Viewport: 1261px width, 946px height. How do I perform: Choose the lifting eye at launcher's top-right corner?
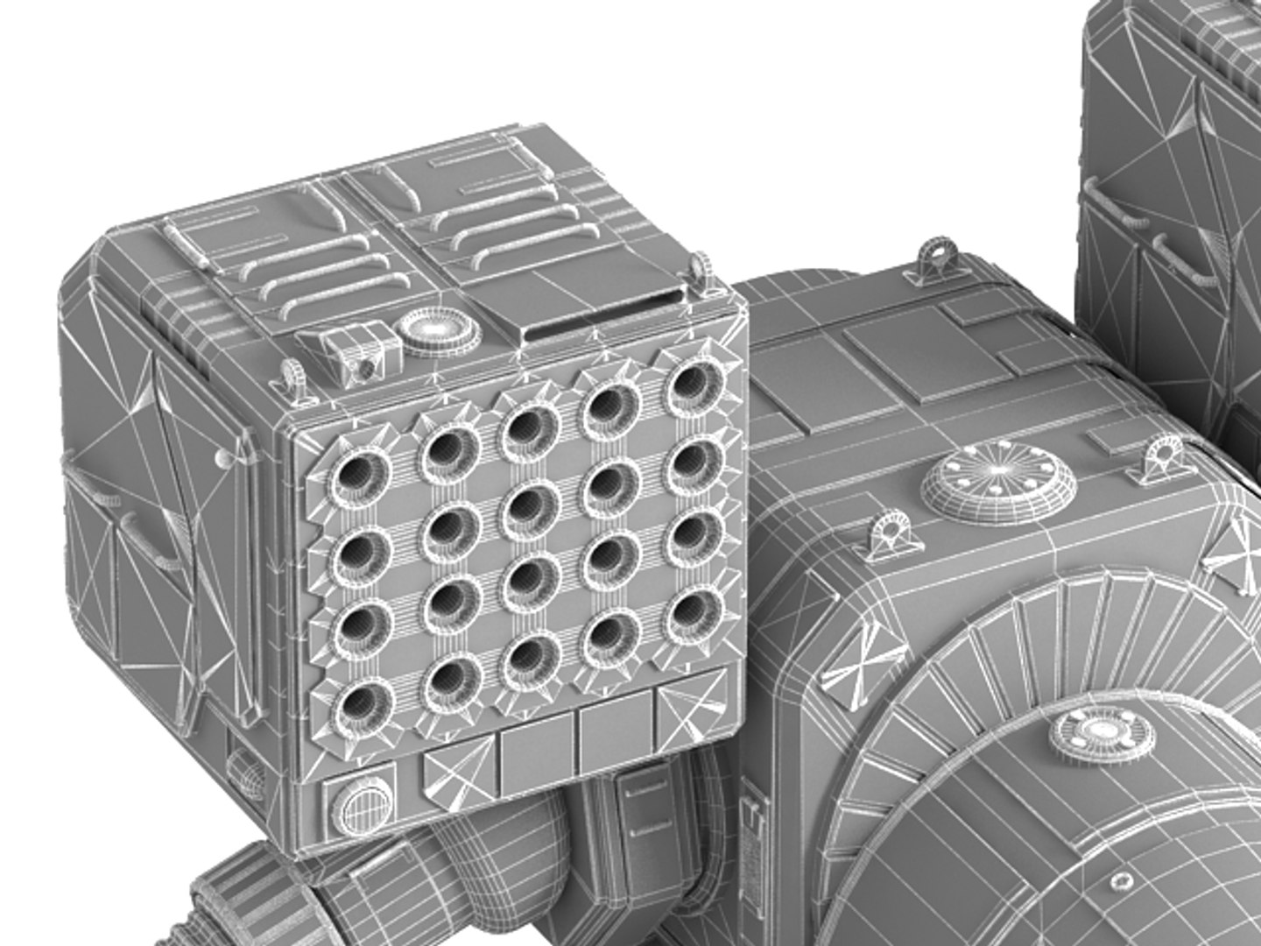[701, 271]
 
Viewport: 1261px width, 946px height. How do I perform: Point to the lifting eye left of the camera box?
[292, 378]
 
